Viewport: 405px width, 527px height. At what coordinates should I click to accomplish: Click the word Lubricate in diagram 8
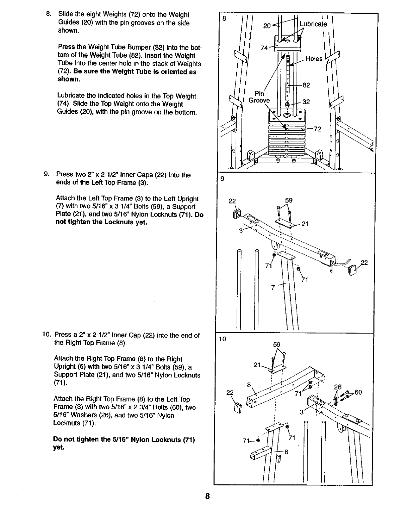[x=313, y=24]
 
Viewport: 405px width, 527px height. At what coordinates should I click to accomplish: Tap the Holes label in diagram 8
[x=314, y=59]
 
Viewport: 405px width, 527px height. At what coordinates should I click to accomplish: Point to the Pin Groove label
[x=259, y=97]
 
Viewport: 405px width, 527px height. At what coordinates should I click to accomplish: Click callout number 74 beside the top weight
[x=264, y=48]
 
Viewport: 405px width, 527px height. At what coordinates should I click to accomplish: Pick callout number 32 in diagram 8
[x=306, y=102]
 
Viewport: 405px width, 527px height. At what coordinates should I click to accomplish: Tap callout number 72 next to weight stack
[x=318, y=129]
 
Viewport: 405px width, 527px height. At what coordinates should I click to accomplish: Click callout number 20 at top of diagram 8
[x=267, y=25]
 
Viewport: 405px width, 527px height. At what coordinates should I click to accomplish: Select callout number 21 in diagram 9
[x=305, y=224]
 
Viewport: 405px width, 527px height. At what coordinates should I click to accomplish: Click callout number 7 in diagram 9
[x=273, y=287]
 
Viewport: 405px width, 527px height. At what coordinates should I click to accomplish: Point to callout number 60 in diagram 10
[x=358, y=392]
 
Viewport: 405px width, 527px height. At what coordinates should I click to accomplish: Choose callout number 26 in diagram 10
[x=338, y=387]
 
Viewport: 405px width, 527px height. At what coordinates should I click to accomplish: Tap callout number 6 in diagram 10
[x=287, y=452]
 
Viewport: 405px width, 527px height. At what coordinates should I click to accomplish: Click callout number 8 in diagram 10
[x=249, y=385]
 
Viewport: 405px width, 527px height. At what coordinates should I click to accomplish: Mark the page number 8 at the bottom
[x=208, y=496]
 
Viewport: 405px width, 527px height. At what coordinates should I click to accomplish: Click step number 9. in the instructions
[x=47, y=175]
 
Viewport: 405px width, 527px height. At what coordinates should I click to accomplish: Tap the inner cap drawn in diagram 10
[x=237, y=408]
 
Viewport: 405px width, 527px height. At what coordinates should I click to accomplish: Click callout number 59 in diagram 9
[x=289, y=200]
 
